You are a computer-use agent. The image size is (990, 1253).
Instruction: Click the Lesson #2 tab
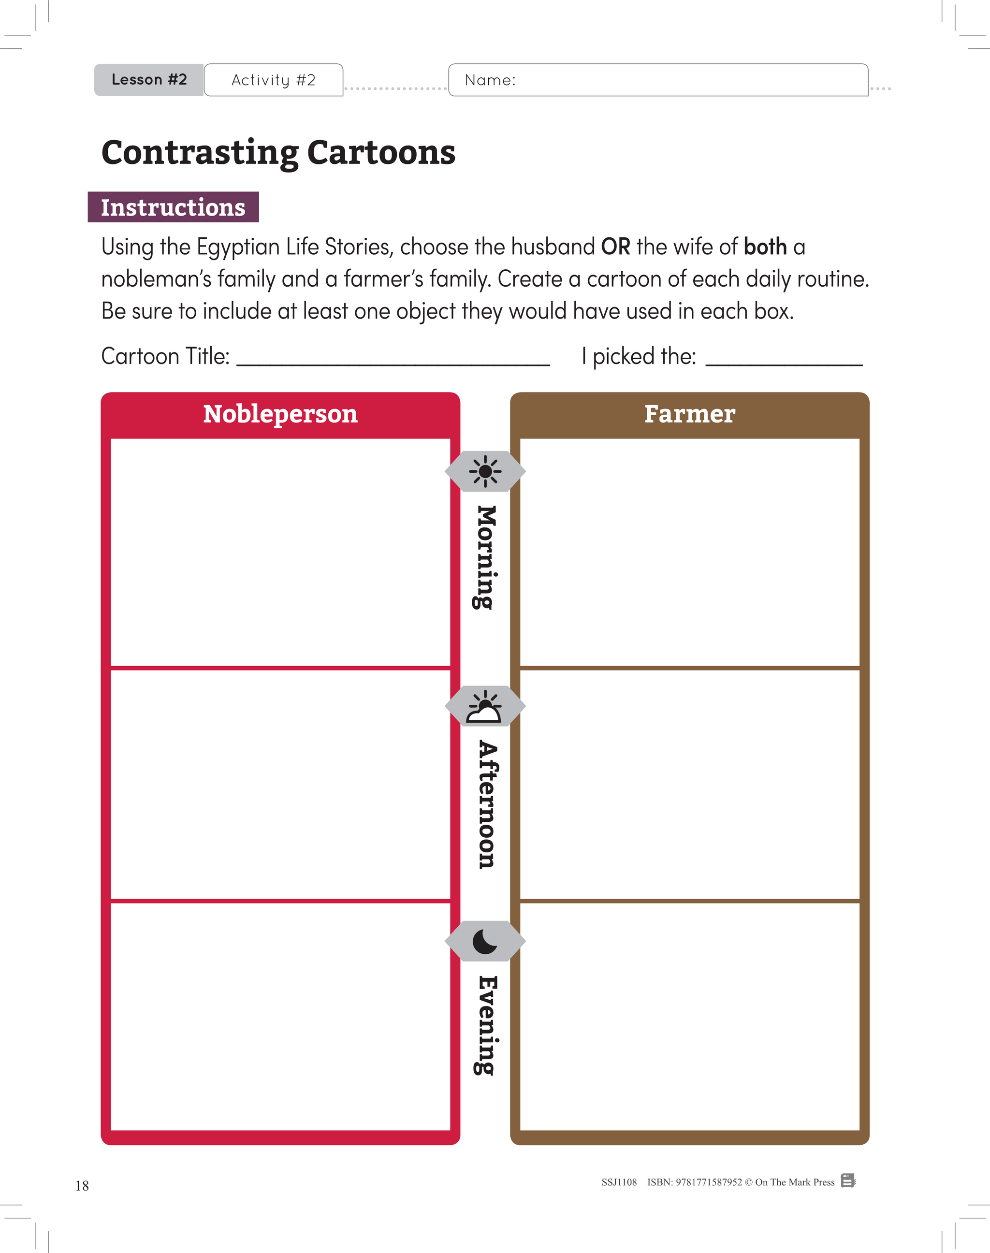click(x=149, y=80)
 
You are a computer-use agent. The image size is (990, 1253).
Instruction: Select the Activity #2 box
click(x=274, y=80)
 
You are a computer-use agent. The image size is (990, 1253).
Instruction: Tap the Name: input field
click(x=658, y=80)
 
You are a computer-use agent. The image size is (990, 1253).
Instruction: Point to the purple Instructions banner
click(x=174, y=207)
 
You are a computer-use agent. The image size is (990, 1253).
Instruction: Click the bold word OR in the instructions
click(x=615, y=247)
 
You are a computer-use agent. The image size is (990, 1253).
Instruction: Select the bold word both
click(x=765, y=247)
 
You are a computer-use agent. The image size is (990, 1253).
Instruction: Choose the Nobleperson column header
click(x=280, y=414)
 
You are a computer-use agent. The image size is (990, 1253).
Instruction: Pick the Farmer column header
click(x=690, y=414)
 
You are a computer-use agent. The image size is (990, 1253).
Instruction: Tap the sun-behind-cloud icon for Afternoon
click(x=485, y=706)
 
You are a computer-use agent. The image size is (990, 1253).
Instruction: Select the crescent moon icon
click(x=485, y=941)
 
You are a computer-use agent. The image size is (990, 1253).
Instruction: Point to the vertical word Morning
click(x=486, y=557)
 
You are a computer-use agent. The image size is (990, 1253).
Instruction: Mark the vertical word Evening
click(x=486, y=1025)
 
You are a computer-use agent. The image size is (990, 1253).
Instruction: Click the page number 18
click(x=82, y=1186)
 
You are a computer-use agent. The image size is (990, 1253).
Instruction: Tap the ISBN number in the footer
click(x=694, y=1182)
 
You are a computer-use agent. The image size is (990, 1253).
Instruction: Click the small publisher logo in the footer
click(x=848, y=1180)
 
